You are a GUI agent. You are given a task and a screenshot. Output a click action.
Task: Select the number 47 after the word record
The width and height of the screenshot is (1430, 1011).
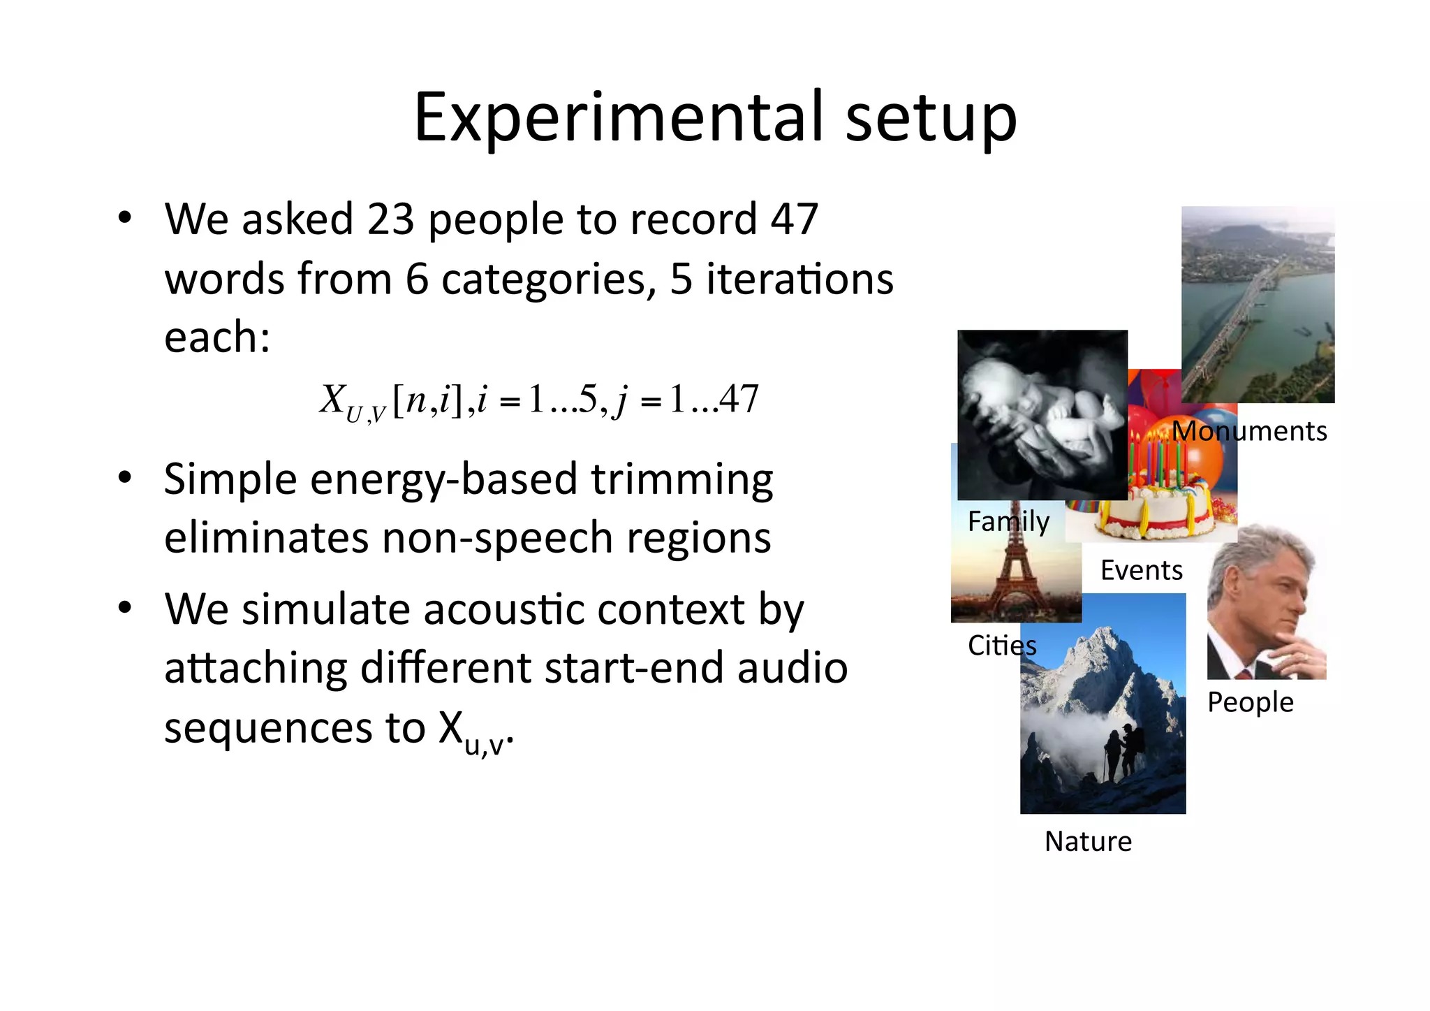tap(794, 219)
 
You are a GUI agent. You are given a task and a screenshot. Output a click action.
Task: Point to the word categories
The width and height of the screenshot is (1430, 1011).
tap(548, 279)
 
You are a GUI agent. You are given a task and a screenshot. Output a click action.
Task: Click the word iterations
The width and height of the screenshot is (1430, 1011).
tap(799, 279)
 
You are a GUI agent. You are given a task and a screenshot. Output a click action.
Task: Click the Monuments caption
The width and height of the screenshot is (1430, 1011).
tap(1249, 431)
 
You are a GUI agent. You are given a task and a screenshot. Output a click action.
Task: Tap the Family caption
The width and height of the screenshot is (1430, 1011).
tap(1008, 521)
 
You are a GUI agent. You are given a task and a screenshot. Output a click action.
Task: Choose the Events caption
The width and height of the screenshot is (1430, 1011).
tap(1141, 570)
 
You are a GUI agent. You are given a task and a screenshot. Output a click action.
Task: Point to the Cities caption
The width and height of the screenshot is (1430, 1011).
tap(1001, 645)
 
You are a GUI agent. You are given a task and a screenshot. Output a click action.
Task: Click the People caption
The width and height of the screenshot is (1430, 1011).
tap(1250, 701)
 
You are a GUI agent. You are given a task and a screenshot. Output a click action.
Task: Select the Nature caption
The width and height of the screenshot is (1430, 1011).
tap(1088, 841)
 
